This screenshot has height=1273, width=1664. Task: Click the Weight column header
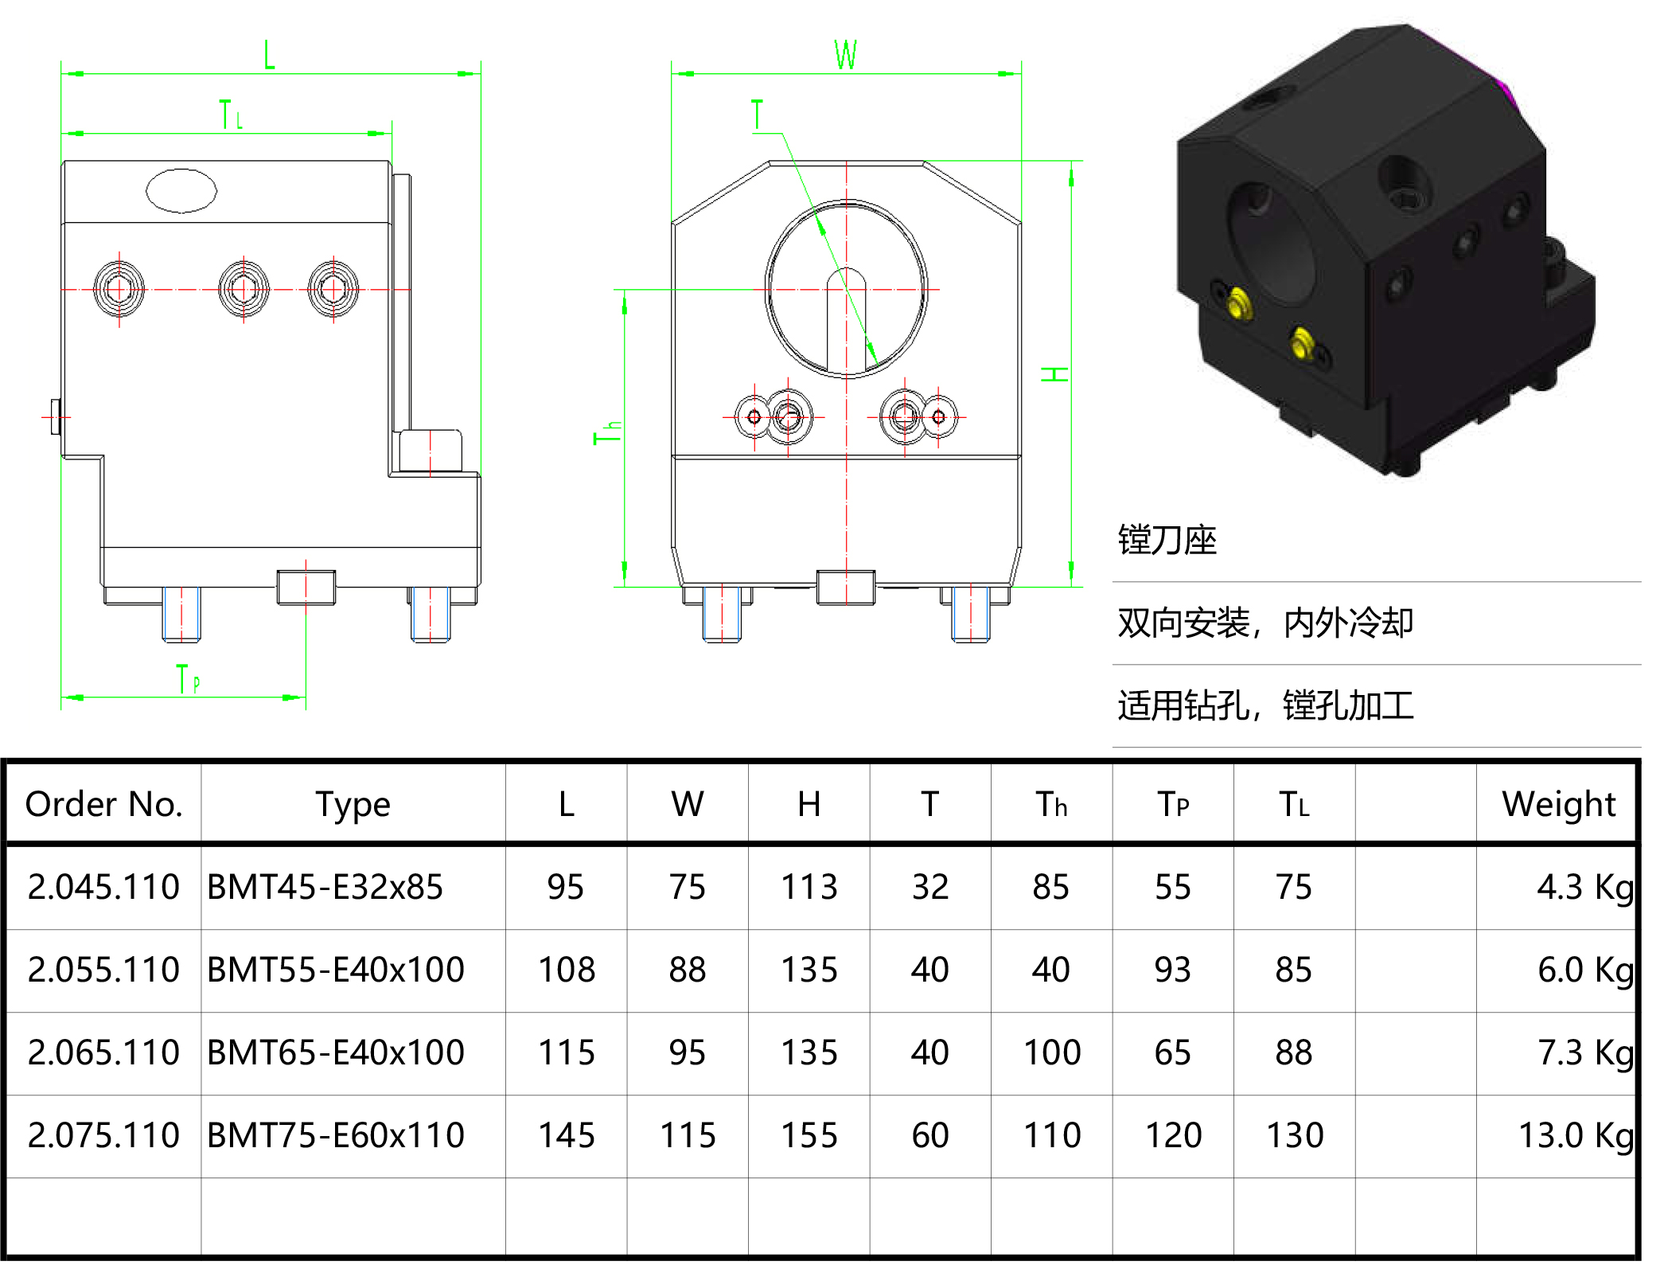[1557, 804]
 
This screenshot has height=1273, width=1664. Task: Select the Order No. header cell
[103, 804]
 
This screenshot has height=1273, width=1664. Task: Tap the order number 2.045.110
[103, 887]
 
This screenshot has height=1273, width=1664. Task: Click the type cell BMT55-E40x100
[335, 970]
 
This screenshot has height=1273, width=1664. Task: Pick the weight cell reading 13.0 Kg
[1574, 1135]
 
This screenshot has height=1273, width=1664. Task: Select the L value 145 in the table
[566, 1135]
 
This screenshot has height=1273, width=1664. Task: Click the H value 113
[809, 887]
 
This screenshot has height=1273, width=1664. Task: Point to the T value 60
[929, 1135]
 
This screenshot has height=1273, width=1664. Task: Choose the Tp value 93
[1172, 970]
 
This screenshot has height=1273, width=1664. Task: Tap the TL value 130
[1294, 1135]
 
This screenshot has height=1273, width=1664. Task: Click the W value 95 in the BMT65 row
[687, 1052]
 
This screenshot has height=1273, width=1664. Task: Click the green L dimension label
[269, 55]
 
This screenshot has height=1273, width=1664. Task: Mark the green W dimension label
[845, 55]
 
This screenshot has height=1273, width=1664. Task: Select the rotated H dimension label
[1055, 374]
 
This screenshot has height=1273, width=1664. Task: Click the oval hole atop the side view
[181, 190]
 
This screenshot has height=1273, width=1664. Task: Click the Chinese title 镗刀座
[1167, 541]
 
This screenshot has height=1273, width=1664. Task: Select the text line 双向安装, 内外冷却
[1265, 623]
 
